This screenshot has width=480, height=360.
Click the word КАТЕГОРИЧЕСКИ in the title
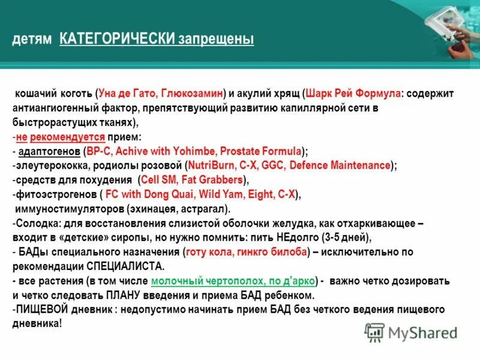click(116, 39)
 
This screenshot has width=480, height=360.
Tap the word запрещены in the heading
click(215, 39)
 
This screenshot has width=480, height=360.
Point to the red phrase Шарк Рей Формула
click(354, 94)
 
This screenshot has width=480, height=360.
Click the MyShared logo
click(411, 332)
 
